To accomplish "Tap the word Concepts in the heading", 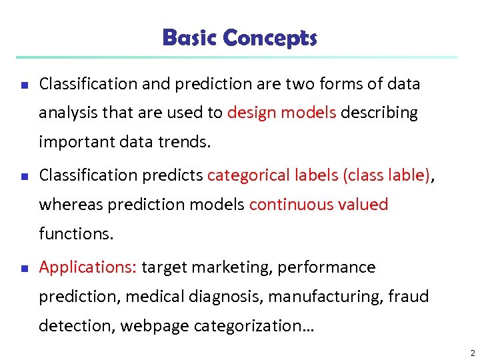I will click(269, 38).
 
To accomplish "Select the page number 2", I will click(472, 353).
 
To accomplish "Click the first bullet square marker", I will click(23, 86).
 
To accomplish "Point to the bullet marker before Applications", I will click(23, 269).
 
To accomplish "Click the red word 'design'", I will click(251, 113).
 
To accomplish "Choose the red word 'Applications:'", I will click(88, 268).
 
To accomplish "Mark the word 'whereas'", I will click(69, 205).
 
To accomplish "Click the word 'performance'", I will click(327, 268).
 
